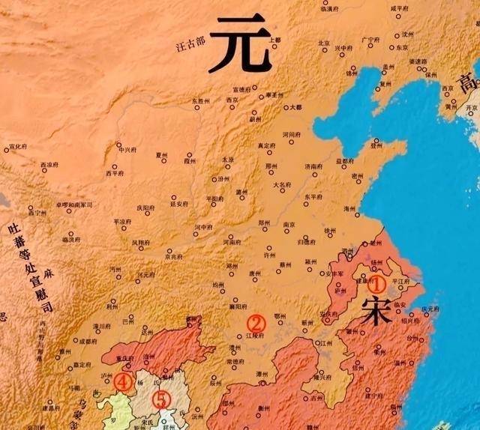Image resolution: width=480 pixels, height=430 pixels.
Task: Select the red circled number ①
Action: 378,284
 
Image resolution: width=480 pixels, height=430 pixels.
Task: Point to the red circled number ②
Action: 256,323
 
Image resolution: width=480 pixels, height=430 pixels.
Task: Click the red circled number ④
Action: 123,383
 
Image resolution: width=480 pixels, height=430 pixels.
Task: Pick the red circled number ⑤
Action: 161,399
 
